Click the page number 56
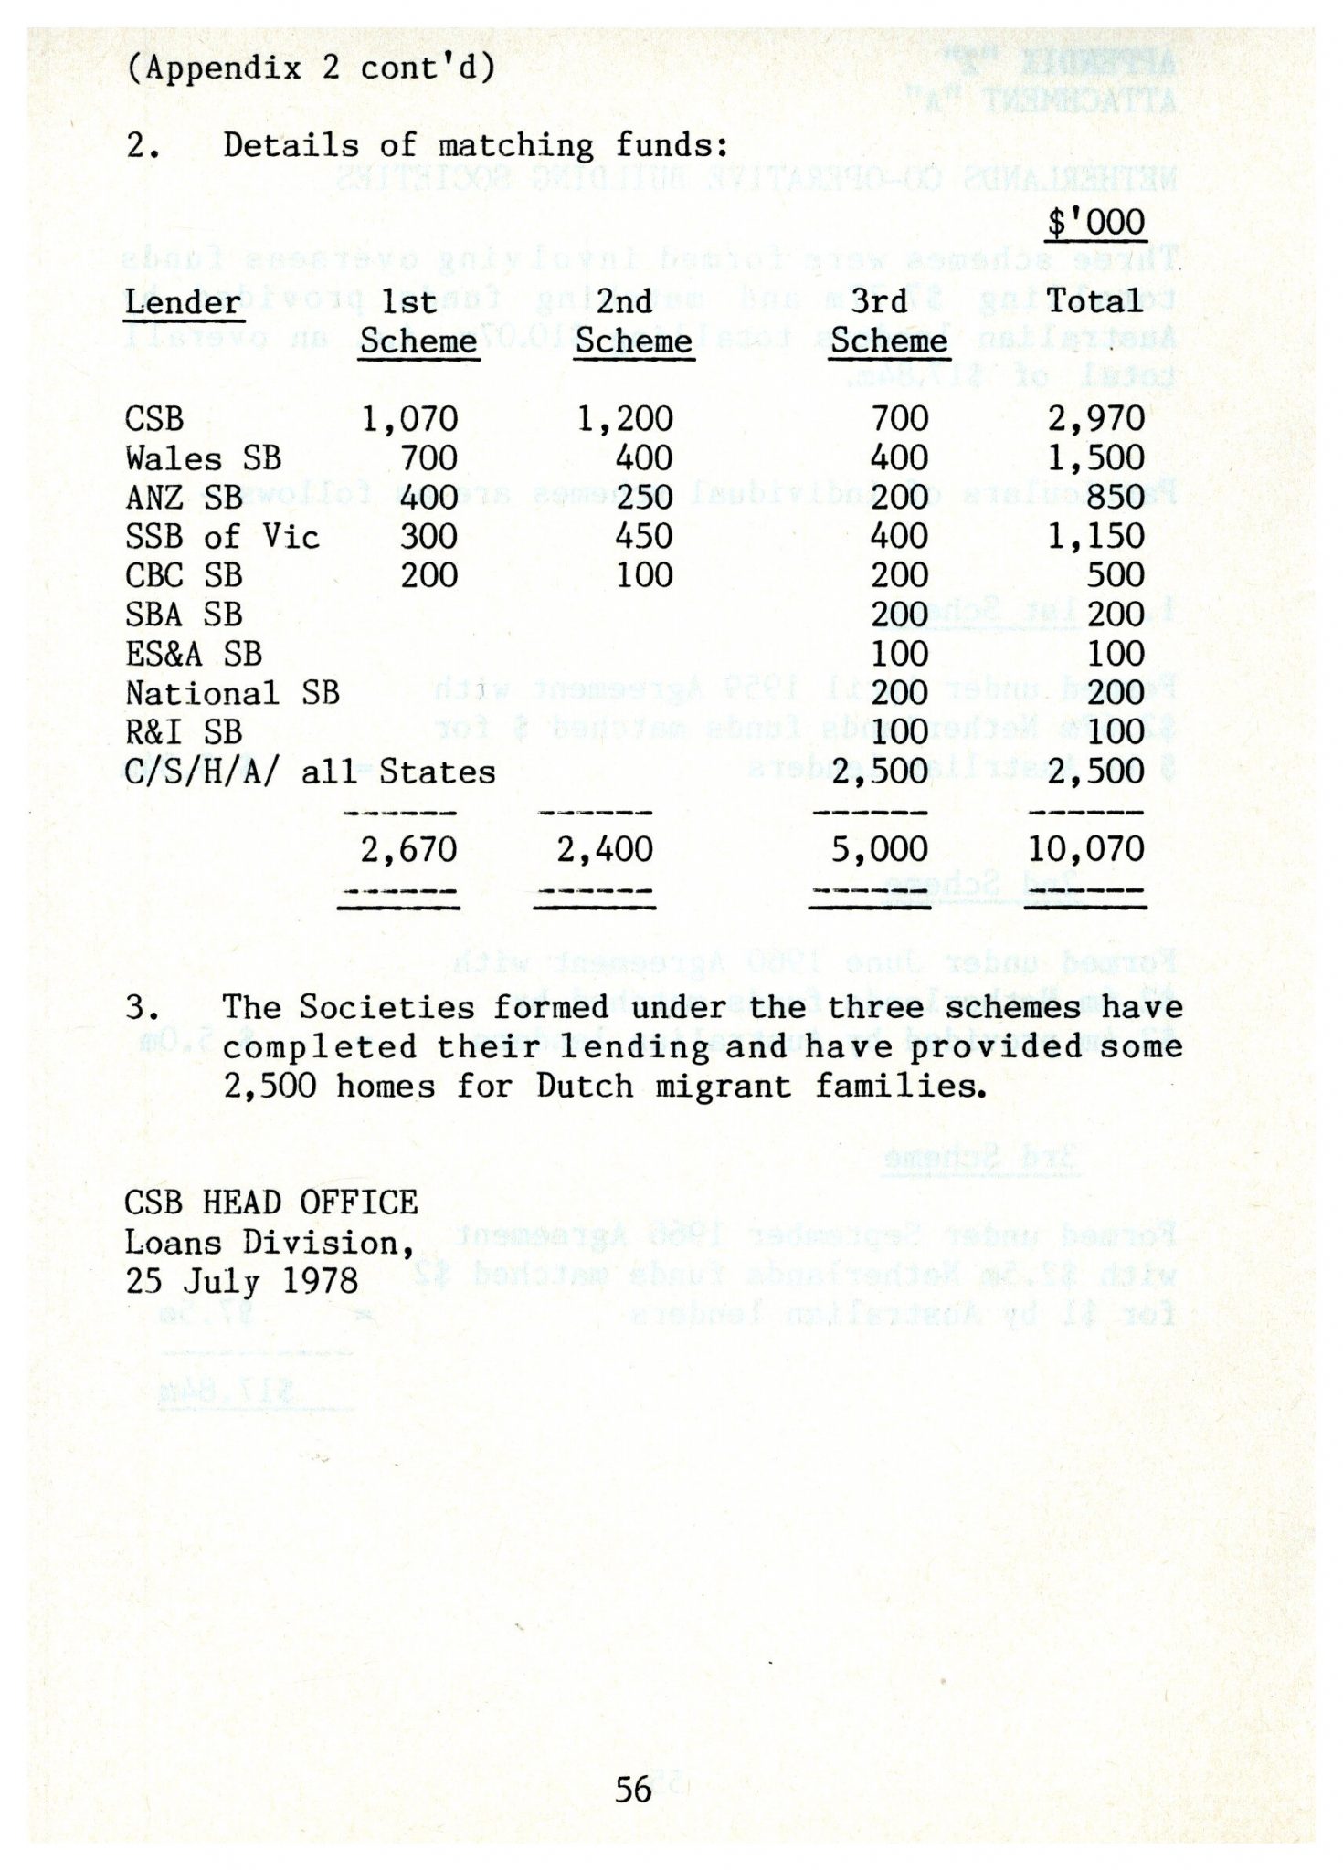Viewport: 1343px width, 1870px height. [x=633, y=1789]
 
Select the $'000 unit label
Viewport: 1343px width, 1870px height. [x=1095, y=223]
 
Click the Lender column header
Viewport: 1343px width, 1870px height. [x=183, y=302]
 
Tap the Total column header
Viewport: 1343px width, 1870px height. [x=1094, y=300]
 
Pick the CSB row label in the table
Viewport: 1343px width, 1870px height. [x=154, y=419]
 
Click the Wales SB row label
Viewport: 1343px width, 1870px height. [x=203, y=458]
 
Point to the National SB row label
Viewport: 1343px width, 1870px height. [x=232, y=693]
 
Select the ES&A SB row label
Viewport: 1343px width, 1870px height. [x=194, y=654]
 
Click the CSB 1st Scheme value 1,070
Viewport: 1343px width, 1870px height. [x=409, y=419]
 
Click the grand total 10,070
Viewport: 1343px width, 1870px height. [x=1085, y=850]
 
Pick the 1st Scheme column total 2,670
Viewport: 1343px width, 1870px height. [x=408, y=850]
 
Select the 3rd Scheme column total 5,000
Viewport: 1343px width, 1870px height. [x=879, y=850]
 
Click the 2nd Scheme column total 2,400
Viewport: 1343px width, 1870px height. [x=605, y=850]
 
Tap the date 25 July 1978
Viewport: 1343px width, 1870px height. [x=242, y=1281]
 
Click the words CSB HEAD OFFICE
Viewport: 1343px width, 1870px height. [x=271, y=1203]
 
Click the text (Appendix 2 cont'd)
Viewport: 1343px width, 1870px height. [x=311, y=68]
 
